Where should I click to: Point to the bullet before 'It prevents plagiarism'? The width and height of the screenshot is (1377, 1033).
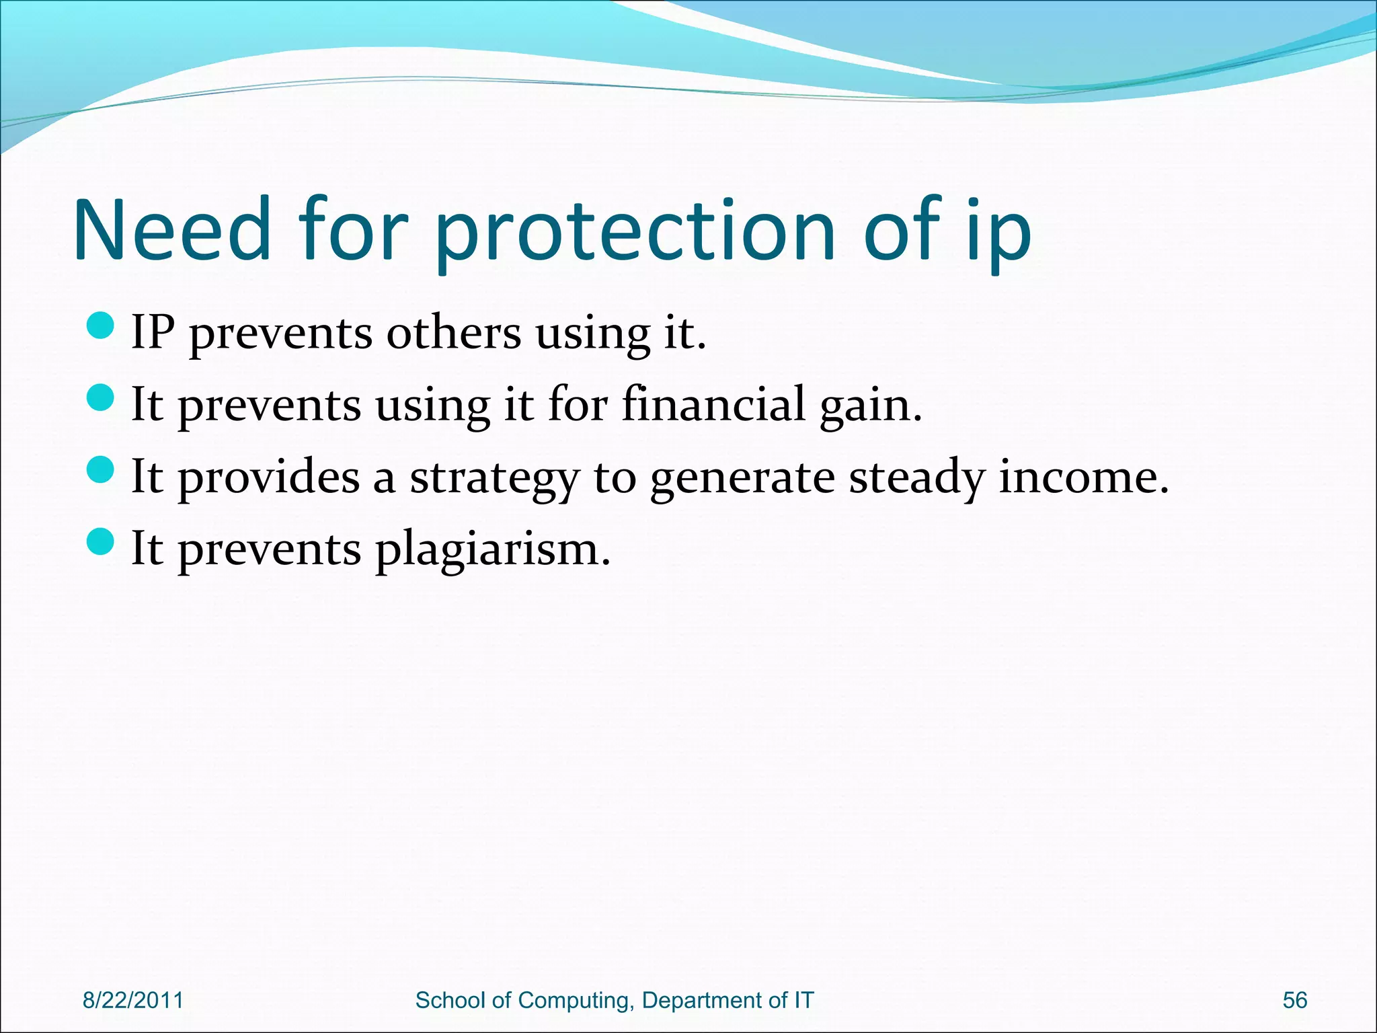pos(102,542)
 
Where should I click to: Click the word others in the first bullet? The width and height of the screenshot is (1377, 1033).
pos(453,332)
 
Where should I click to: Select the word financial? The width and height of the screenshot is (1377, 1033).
pos(713,404)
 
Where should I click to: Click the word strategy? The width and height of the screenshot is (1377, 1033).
pos(494,477)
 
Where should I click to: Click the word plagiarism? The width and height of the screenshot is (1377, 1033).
pos(491,549)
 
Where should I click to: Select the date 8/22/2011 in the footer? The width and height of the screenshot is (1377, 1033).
pos(133,1000)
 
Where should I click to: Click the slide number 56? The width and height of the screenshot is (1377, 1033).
pos(1294,1000)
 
